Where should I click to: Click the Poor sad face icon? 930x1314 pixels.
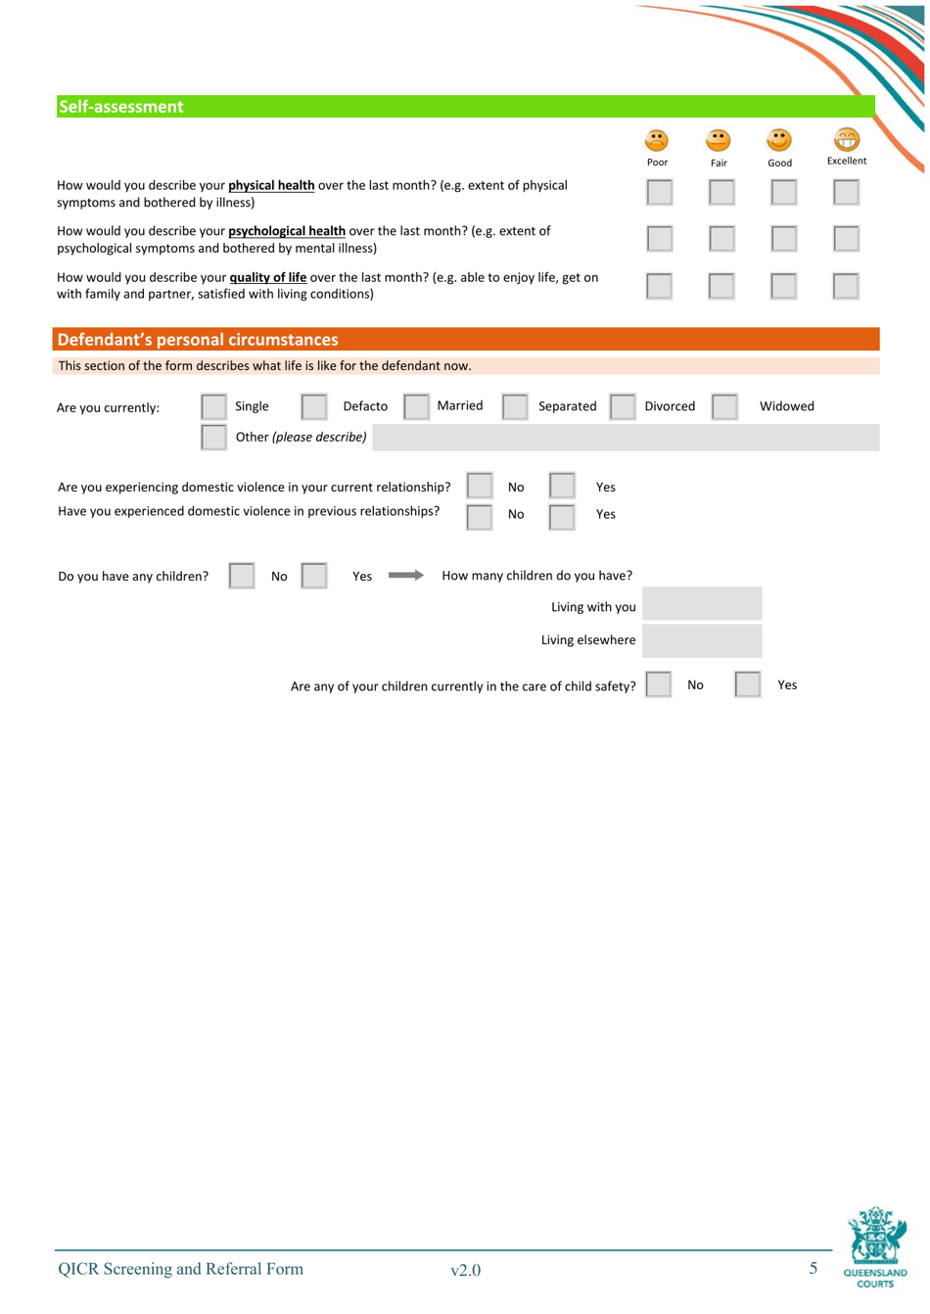tap(657, 141)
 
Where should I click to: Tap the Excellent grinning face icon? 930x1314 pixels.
tap(846, 140)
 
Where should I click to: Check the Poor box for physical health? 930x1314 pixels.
tap(659, 192)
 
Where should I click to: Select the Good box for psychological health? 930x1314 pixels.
tap(783, 238)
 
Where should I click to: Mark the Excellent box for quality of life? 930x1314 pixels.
tap(846, 286)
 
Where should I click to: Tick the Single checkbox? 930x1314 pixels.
tap(213, 406)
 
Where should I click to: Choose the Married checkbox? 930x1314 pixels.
tap(416, 406)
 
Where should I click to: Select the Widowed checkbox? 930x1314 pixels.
tap(724, 406)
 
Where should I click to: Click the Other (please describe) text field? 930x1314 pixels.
tap(625, 438)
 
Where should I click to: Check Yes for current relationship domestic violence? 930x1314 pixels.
tap(562, 486)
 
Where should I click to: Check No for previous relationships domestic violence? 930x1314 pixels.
tap(479, 516)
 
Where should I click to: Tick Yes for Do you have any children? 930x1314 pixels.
tap(314, 576)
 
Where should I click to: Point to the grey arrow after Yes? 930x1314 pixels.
tap(405, 576)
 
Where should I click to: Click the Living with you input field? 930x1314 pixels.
tap(701, 604)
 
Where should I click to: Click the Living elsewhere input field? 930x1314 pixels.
tap(701, 640)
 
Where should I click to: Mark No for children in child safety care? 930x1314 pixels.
tap(659, 684)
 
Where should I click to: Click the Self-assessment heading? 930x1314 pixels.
tap(121, 107)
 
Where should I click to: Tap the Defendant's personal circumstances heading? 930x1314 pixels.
tap(198, 340)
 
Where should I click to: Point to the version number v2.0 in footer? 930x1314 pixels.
tap(465, 1270)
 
